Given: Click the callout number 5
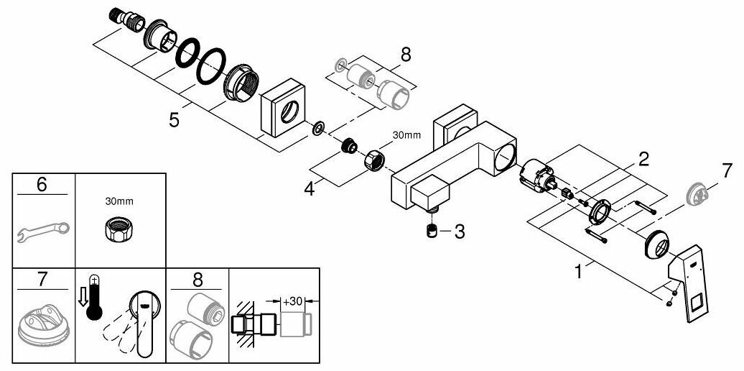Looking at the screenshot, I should click(x=174, y=119).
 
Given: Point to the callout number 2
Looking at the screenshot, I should click(x=643, y=158).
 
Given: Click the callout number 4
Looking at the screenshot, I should click(x=310, y=191).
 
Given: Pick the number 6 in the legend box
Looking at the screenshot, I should click(x=42, y=185).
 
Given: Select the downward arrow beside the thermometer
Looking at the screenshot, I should click(x=83, y=296).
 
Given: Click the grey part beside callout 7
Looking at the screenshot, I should click(x=697, y=194).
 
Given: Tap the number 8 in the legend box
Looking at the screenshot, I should click(x=196, y=278).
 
